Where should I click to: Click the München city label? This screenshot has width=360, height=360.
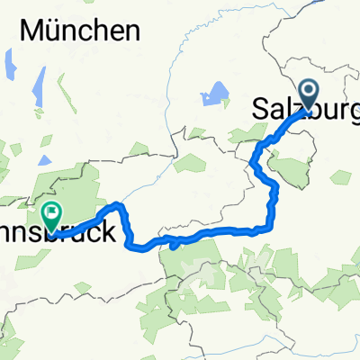[x=81, y=31]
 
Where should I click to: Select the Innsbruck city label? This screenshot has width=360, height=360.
[x=81, y=232]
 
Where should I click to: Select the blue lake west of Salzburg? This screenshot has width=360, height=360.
[x=216, y=92]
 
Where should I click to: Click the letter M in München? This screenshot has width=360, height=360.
[x=33, y=31]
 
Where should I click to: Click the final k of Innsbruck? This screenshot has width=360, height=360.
[x=109, y=232]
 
